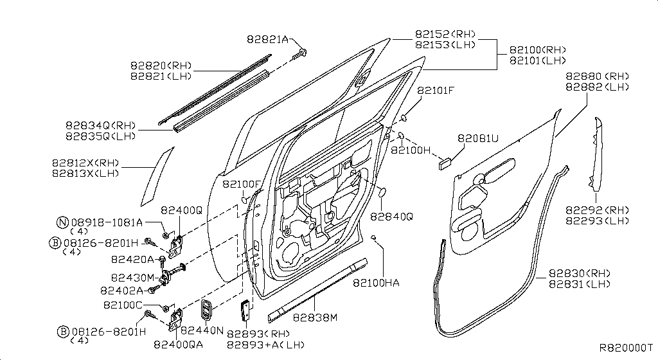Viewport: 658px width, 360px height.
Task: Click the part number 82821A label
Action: pyautogui.click(x=267, y=39)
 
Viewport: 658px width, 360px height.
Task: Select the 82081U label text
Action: pyautogui.click(x=478, y=138)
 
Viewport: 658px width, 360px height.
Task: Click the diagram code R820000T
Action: pyautogui.click(x=626, y=347)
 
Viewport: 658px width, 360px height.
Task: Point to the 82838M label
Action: pyautogui.click(x=315, y=318)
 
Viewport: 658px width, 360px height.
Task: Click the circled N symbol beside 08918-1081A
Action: pyautogui.click(x=62, y=223)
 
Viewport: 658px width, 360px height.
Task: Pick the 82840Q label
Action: pyautogui.click(x=391, y=217)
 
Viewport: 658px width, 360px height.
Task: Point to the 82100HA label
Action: pyautogui.click(x=378, y=282)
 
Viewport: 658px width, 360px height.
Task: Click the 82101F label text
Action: pyautogui.click(x=436, y=91)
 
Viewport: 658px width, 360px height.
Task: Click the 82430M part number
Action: pyautogui.click(x=132, y=278)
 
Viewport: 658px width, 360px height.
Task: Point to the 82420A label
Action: pyautogui.click(x=132, y=259)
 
